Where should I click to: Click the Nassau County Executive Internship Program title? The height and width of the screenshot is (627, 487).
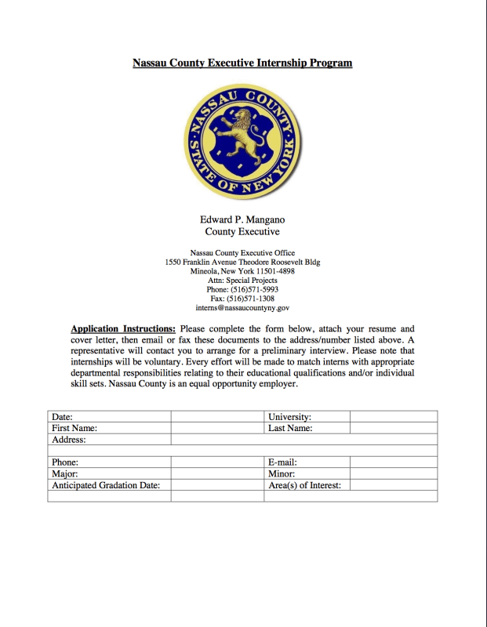pyautogui.click(x=242, y=63)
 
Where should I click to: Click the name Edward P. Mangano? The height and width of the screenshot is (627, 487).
pyautogui.click(x=242, y=220)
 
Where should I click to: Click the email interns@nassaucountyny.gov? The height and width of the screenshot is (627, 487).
pyautogui.click(x=242, y=308)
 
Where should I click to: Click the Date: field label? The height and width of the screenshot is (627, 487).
pyautogui.click(x=63, y=417)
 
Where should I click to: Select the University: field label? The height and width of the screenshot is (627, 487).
pyautogui.click(x=290, y=417)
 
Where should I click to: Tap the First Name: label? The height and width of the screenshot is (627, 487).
pyautogui.click(x=75, y=428)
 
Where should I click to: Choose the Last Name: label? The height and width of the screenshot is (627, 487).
pyautogui.click(x=291, y=428)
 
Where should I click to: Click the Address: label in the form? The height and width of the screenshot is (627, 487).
pyautogui.click(x=68, y=440)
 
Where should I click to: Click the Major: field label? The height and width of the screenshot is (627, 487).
pyautogui.click(x=65, y=474)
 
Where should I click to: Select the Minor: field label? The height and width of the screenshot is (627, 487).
pyautogui.click(x=282, y=474)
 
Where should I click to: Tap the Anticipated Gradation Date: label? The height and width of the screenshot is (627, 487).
pyautogui.click(x=106, y=485)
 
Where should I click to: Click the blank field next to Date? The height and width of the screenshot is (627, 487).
pyautogui.click(x=217, y=417)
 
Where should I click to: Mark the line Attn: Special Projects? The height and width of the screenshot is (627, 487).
pyautogui.click(x=242, y=280)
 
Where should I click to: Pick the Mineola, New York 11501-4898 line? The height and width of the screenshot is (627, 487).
pyautogui.click(x=242, y=271)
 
